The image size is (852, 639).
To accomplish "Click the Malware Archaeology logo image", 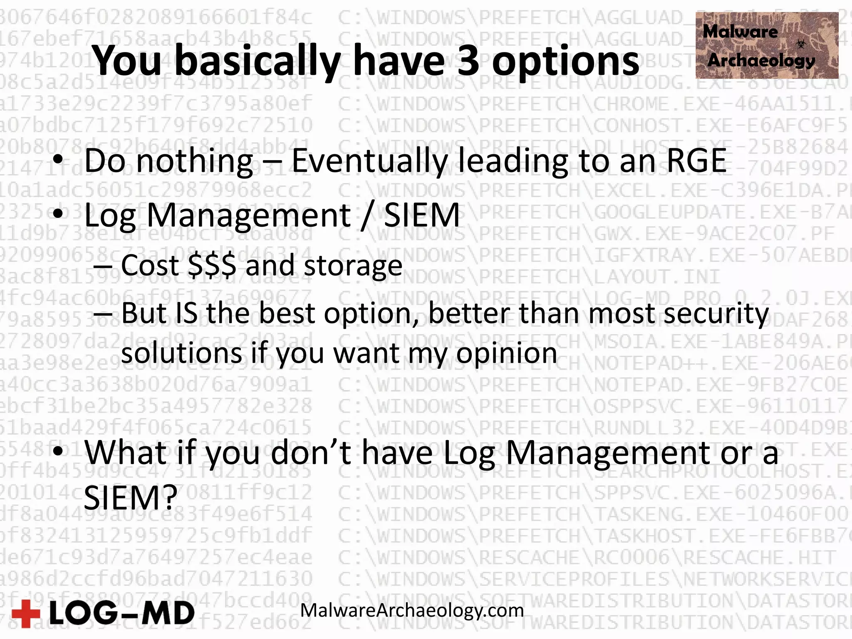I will (x=766, y=46).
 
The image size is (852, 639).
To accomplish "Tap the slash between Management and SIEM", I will (x=366, y=215).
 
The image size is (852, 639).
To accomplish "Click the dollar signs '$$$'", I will (x=212, y=265).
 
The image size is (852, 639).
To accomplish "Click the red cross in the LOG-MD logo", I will (x=26, y=613).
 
